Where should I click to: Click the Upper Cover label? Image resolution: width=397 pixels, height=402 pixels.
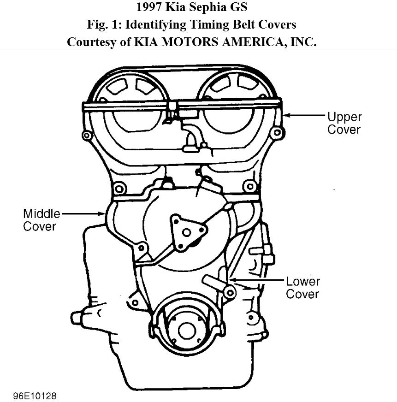(x=344, y=123)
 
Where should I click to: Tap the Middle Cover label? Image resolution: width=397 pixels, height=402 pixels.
(x=41, y=220)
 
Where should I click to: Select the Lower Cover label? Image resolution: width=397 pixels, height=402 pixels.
(x=302, y=287)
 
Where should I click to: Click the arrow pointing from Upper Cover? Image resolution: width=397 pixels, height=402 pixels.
(x=304, y=116)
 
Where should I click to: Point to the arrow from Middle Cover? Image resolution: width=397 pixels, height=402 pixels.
(x=83, y=213)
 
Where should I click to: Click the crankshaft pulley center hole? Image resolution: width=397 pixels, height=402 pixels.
(x=187, y=330)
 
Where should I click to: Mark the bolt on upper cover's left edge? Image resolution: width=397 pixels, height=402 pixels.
(x=86, y=135)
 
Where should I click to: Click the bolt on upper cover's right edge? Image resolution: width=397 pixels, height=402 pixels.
(x=277, y=133)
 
